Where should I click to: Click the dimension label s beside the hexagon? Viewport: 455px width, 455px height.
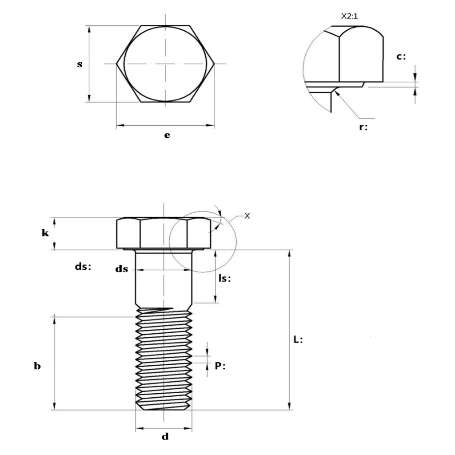coord(80,64)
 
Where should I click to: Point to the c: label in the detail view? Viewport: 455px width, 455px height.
coord(401,57)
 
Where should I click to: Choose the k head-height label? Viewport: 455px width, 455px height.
coord(45,233)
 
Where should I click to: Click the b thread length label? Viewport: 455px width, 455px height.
coord(37,367)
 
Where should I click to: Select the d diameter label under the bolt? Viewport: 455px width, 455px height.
coord(165,437)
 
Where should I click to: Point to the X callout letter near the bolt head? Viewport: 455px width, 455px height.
coord(247,216)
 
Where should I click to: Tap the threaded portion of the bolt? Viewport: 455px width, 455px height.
coord(164,360)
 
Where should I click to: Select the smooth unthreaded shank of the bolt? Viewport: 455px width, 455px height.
coord(164,284)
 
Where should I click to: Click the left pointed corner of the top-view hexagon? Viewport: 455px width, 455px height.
coord(117,64)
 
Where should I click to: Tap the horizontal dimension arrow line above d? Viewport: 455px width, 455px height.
coord(164,429)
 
